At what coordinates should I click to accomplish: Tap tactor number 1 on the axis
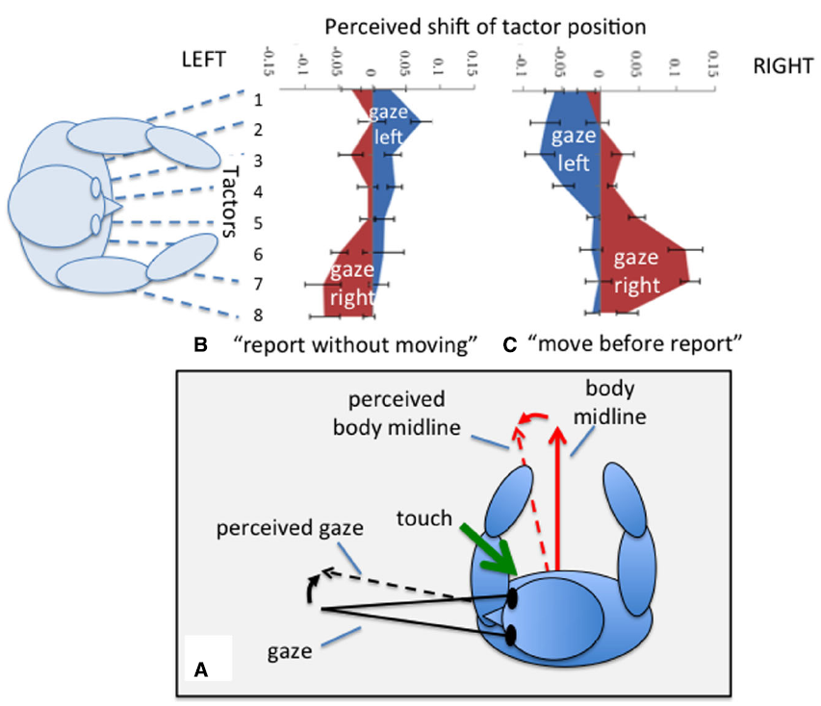coord(258,99)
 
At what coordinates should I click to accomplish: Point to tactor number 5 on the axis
coord(258,223)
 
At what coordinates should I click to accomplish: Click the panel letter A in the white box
coord(201,666)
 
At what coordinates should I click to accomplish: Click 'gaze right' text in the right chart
coord(636,271)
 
